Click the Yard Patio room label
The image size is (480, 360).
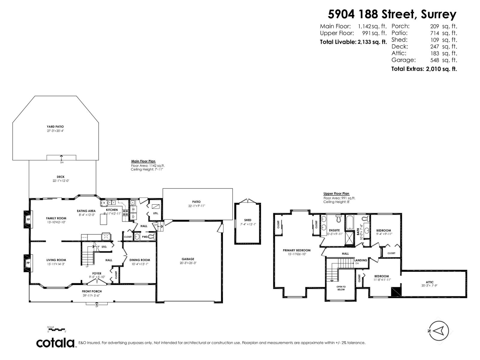(x=55, y=127)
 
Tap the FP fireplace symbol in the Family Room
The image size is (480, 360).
(x=28, y=220)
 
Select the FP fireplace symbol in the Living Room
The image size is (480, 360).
(x=28, y=263)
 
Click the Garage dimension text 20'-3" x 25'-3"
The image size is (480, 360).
(x=188, y=263)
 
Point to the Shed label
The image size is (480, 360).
(x=247, y=220)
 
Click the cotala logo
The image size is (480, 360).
(x=55, y=343)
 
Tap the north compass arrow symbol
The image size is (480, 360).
(x=439, y=331)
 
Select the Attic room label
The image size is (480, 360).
(x=430, y=282)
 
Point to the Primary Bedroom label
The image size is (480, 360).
(x=296, y=250)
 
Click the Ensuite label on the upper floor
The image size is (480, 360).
(x=334, y=230)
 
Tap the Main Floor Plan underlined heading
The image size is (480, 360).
(x=143, y=161)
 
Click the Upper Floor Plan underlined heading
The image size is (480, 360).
(x=336, y=194)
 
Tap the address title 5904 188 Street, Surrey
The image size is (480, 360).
(x=392, y=14)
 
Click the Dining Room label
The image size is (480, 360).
(x=139, y=260)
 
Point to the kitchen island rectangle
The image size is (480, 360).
(x=103, y=220)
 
